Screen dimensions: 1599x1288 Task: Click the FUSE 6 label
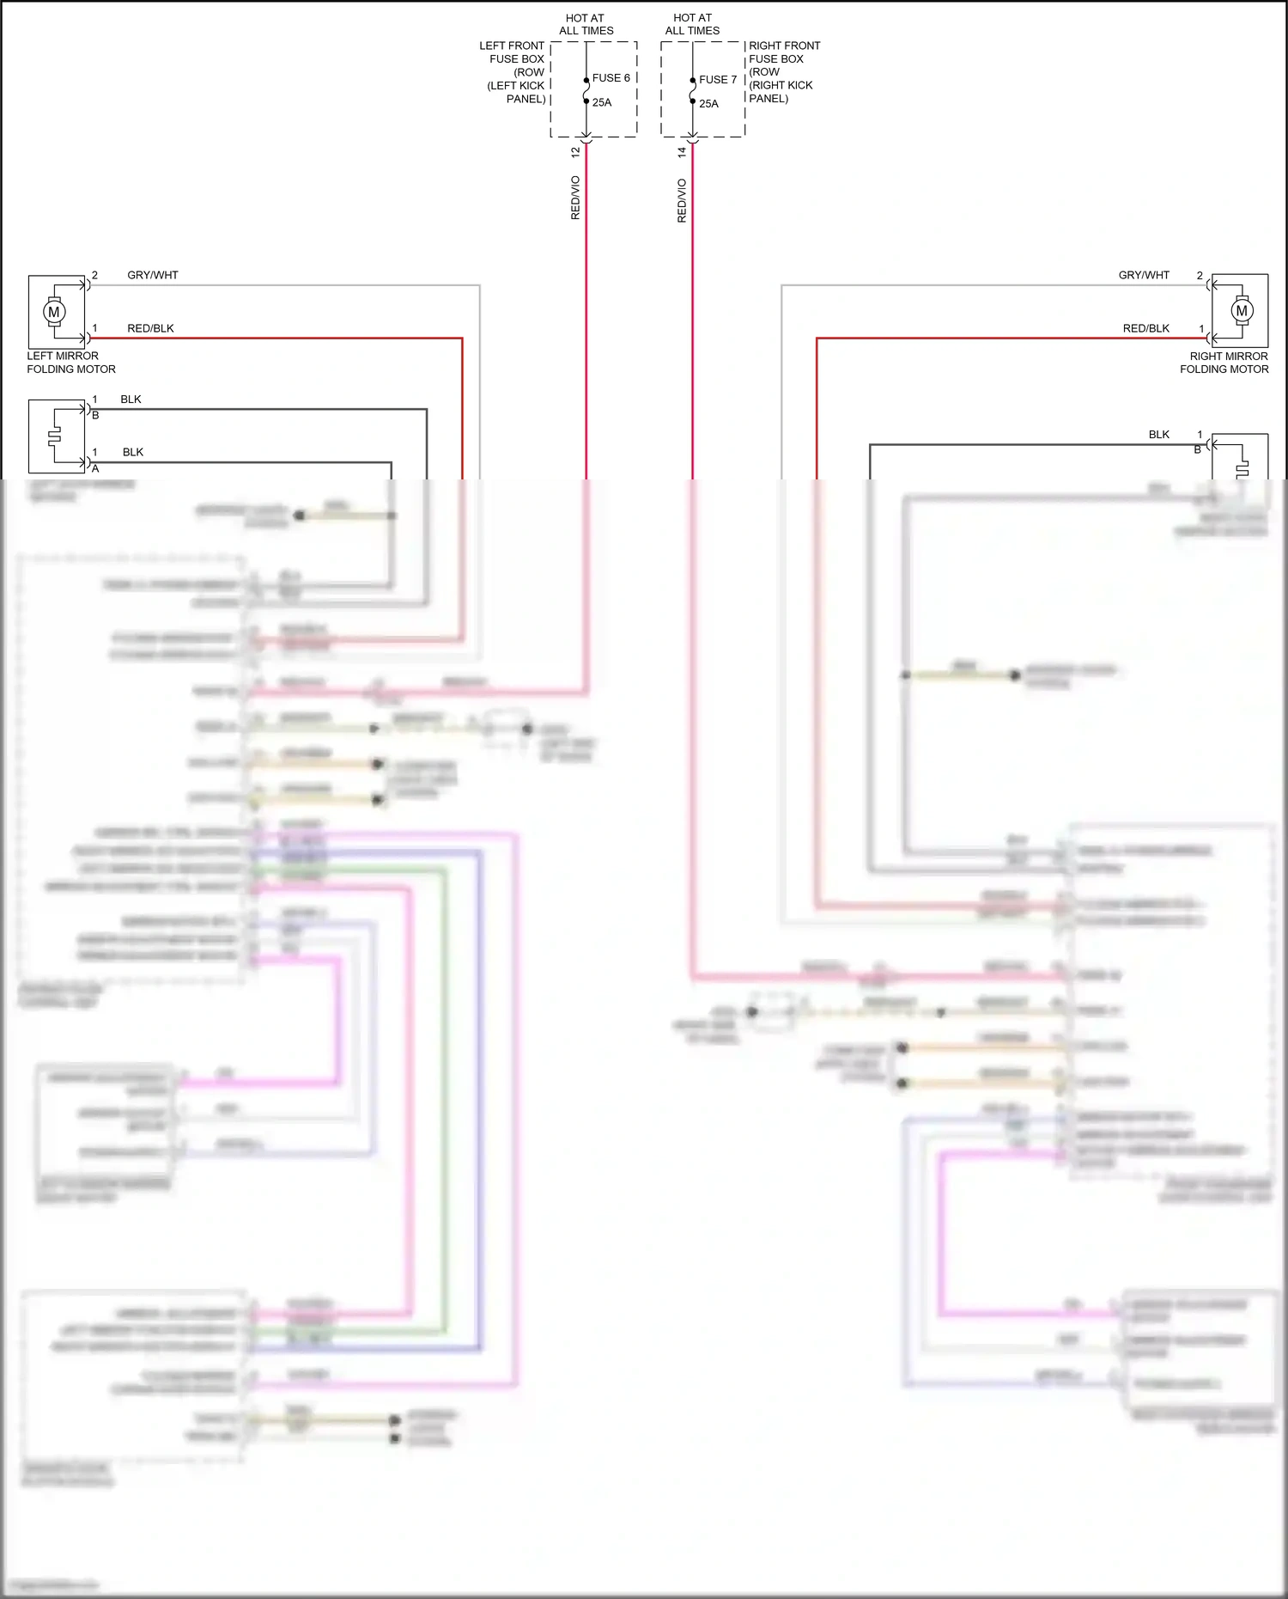click(x=611, y=78)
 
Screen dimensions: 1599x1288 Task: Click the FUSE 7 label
click(x=718, y=80)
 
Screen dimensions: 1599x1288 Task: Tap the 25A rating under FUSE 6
click(x=602, y=103)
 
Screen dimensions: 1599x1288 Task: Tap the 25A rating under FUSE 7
click(x=708, y=104)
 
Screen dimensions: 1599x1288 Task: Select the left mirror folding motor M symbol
click(x=54, y=312)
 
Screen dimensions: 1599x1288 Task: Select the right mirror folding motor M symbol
click(x=1241, y=311)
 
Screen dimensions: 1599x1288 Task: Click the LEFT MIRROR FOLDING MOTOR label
click(x=70, y=363)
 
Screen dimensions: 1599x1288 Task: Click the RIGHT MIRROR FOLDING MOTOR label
click(x=1224, y=363)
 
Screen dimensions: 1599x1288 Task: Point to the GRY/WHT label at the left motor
click(x=153, y=276)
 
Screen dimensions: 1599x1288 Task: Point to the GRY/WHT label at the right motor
click(x=1144, y=276)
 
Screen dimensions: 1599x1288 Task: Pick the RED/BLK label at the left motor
click(x=150, y=329)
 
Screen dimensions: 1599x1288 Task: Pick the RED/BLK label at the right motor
click(x=1146, y=329)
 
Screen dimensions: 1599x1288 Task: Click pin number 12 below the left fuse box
click(x=575, y=152)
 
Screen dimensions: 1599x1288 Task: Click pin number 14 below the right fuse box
click(x=682, y=152)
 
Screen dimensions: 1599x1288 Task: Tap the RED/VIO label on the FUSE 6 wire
click(x=575, y=198)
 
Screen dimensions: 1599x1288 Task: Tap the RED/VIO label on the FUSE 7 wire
click(x=682, y=200)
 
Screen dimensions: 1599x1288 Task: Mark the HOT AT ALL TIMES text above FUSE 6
click(x=586, y=24)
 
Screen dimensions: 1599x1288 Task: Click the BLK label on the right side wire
click(x=1159, y=435)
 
